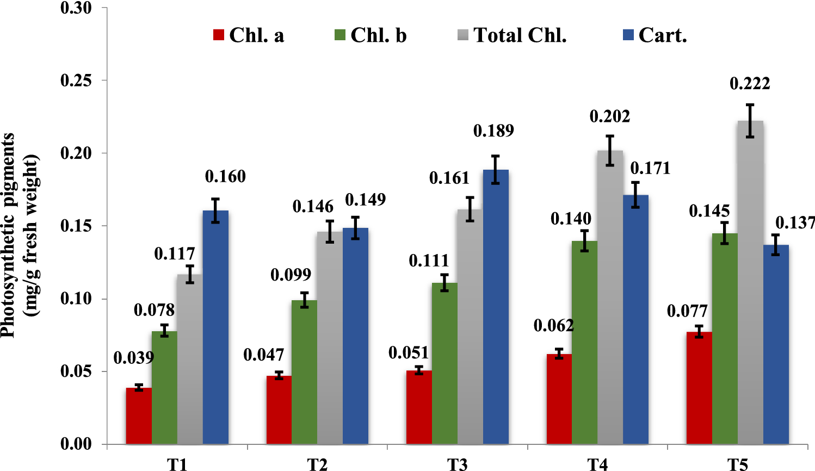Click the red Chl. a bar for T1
pos(139,416)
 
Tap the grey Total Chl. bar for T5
pos(750,283)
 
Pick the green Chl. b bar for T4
pos(584,343)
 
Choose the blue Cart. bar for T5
pos(776,345)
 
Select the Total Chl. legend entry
pos(512,35)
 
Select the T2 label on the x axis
pos(317,464)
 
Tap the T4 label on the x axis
pos(597,464)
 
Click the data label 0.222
pos(750,84)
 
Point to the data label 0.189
pos(493,131)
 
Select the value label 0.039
pos(134,358)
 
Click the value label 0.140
pos(571,219)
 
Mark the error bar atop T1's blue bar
pos(215,210)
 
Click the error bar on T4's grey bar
pos(610,151)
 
